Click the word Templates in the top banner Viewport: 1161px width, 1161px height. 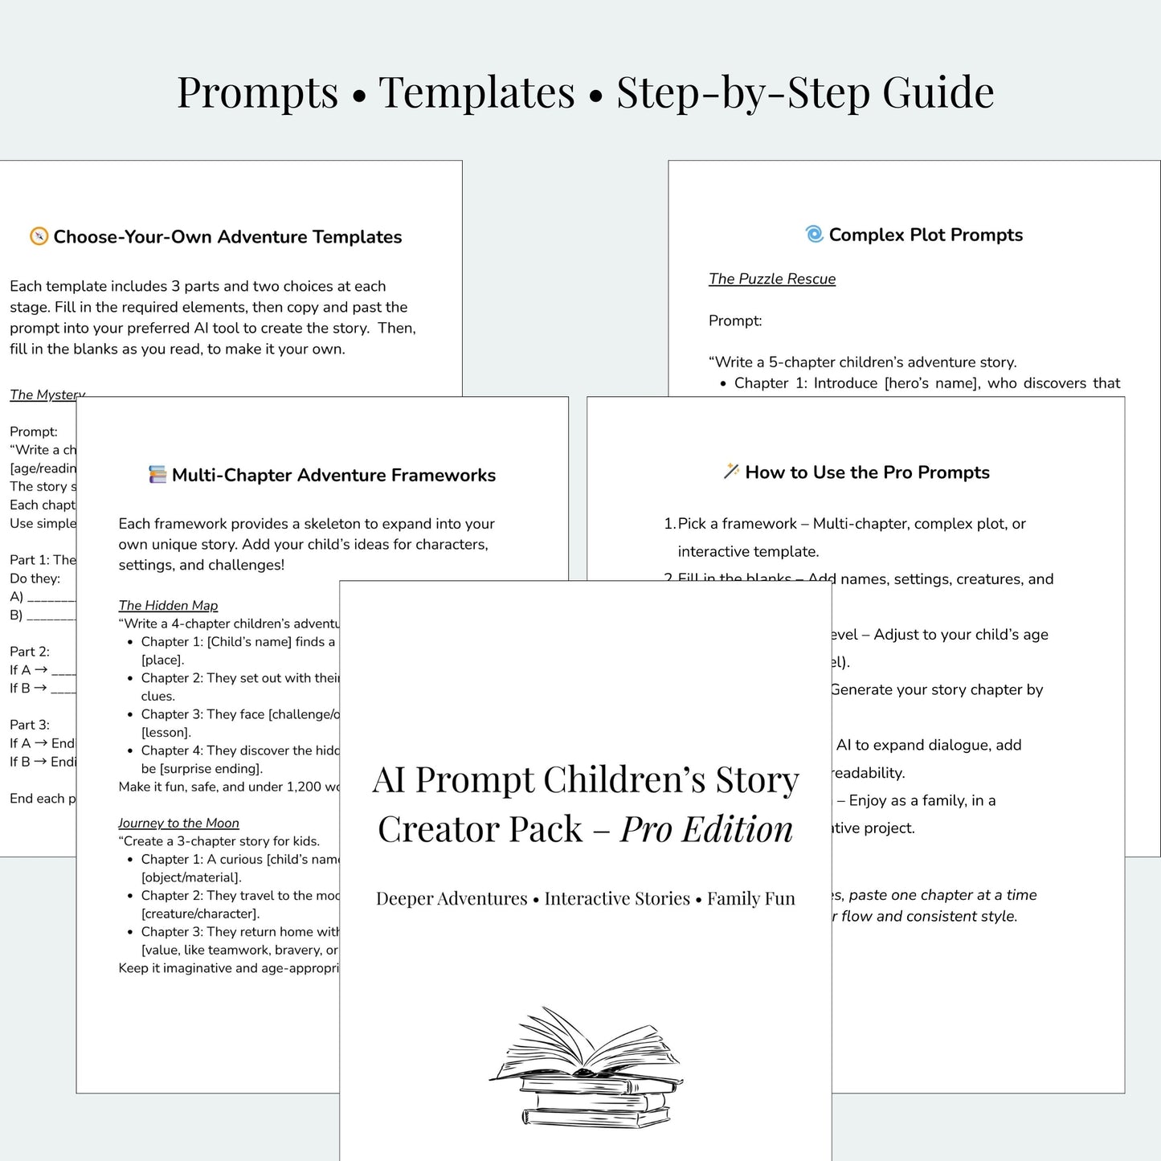pos(476,92)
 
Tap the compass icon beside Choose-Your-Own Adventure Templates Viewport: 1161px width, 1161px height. pos(39,236)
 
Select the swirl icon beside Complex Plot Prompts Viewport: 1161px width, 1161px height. pos(814,234)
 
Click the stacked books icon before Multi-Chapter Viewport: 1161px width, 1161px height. pos(157,475)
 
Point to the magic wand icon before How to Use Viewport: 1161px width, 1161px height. pos(731,472)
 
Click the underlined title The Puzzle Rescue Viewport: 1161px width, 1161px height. pos(772,279)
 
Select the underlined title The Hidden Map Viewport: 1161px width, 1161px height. pos(168,605)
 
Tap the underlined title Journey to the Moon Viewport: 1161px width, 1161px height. pos(178,823)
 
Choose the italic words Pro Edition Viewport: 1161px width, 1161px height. pos(706,829)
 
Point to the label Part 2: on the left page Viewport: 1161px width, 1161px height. pos(30,652)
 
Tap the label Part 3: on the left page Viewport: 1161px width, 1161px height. pos(30,725)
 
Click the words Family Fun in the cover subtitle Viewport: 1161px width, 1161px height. pos(751,898)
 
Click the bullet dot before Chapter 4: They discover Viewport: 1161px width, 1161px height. pos(130,751)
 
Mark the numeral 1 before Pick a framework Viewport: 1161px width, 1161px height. pos(668,524)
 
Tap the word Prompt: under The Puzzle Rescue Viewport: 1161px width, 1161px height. pos(735,321)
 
